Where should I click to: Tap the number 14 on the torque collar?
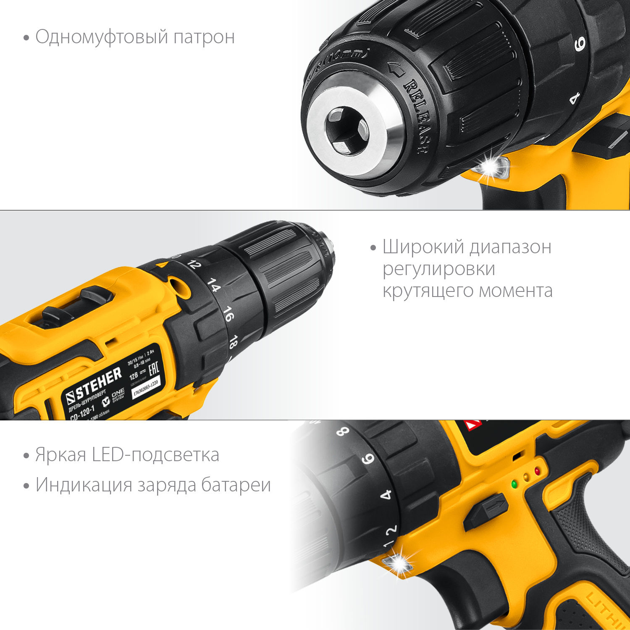point(213,285)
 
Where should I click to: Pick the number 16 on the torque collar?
point(228,313)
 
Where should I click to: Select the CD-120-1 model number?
point(82,413)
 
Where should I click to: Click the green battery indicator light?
point(513,484)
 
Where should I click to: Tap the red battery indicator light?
point(537,471)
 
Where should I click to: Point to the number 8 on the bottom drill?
point(343,431)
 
